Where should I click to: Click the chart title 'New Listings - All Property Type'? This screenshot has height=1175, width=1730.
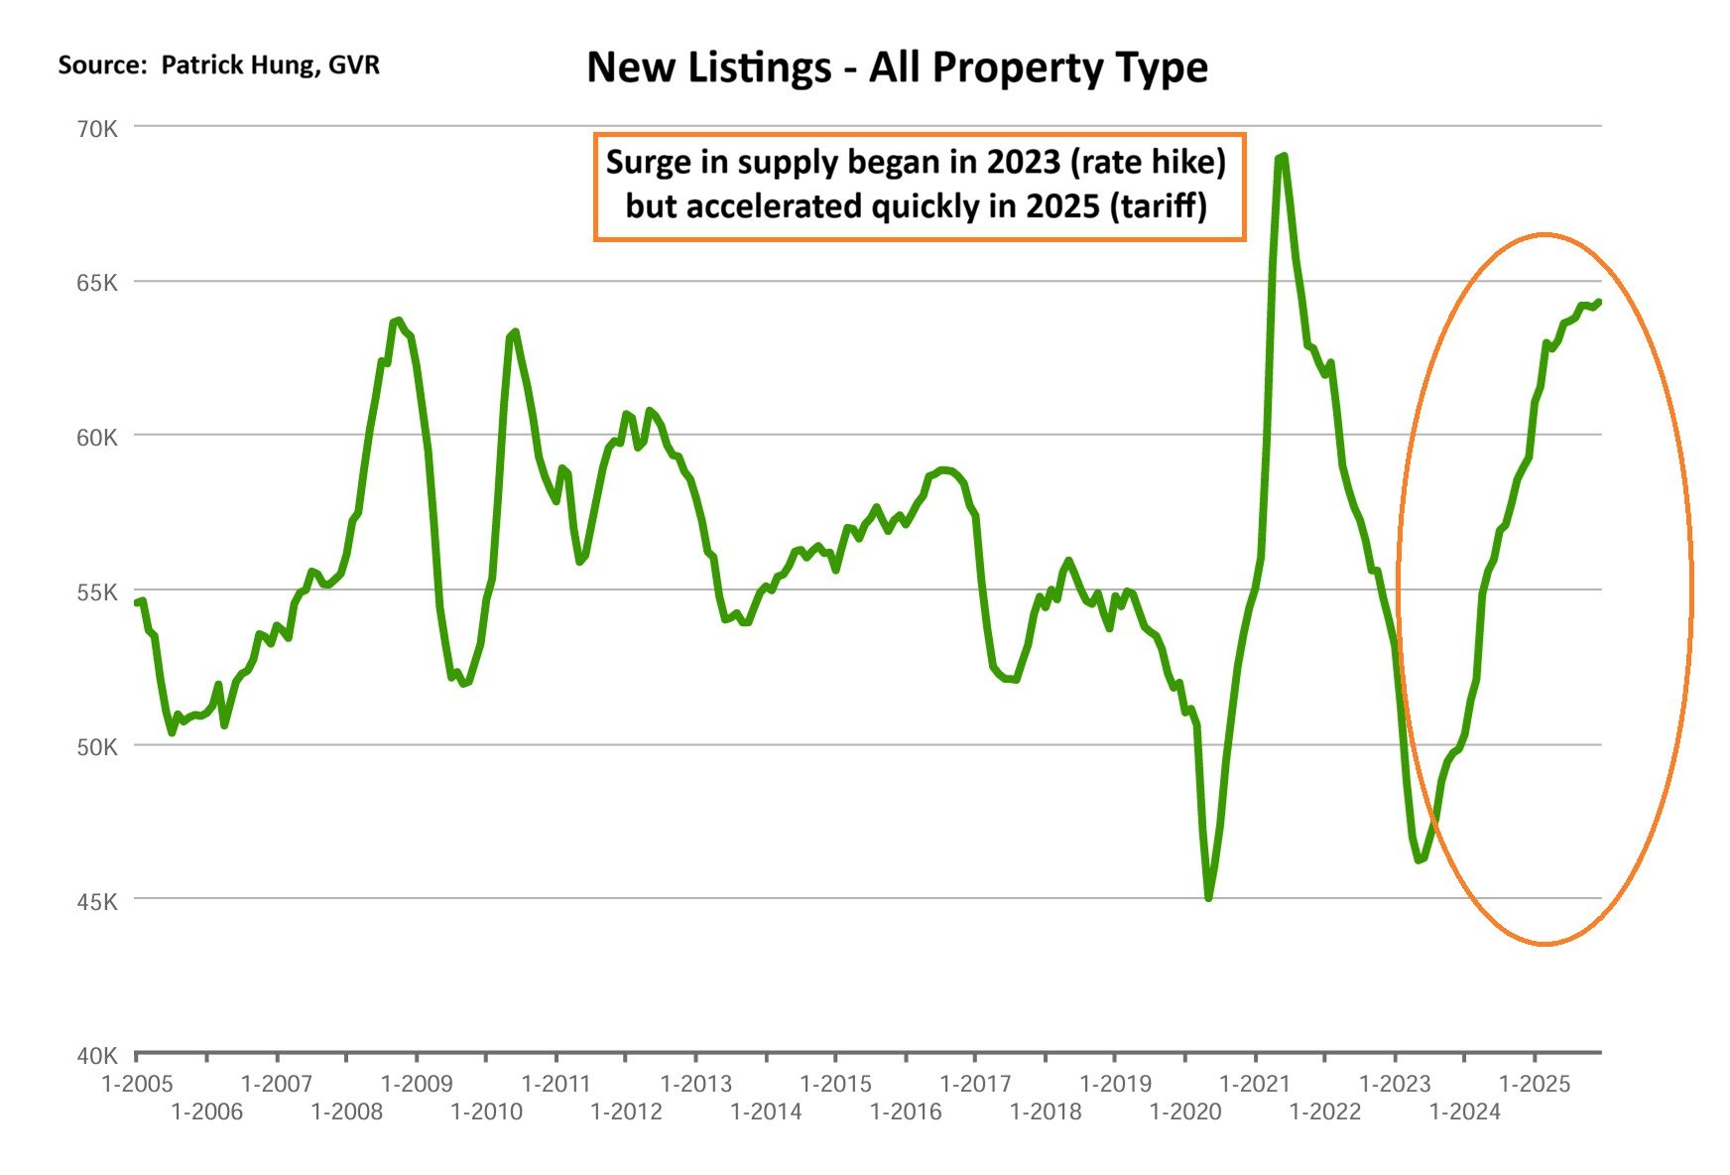click(897, 67)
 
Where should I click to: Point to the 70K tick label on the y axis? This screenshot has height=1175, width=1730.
click(98, 129)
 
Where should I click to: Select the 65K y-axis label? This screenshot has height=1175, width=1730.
click(98, 284)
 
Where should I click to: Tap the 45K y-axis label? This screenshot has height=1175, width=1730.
click(98, 902)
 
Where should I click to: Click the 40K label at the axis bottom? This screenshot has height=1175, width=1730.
click(98, 1056)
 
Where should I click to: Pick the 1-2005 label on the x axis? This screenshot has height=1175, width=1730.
click(137, 1084)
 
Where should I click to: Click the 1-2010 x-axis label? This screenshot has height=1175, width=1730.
click(486, 1111)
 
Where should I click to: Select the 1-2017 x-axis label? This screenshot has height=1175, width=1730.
click(975, 1084)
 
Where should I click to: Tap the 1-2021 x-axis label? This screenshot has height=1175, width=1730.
click(1255, 1084)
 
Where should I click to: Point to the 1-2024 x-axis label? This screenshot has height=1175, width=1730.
click(1464, 1111)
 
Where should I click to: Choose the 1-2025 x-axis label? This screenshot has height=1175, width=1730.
click(1535, 1084)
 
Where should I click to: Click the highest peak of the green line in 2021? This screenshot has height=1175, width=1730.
click(1284, 157)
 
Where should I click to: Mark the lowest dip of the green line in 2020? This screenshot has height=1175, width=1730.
click(1208, 898)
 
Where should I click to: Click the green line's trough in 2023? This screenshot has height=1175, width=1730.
click(1419, 859)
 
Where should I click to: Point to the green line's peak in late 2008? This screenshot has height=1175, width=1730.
click(398, 321)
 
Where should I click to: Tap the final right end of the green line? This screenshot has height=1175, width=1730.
click(1599, 302)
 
